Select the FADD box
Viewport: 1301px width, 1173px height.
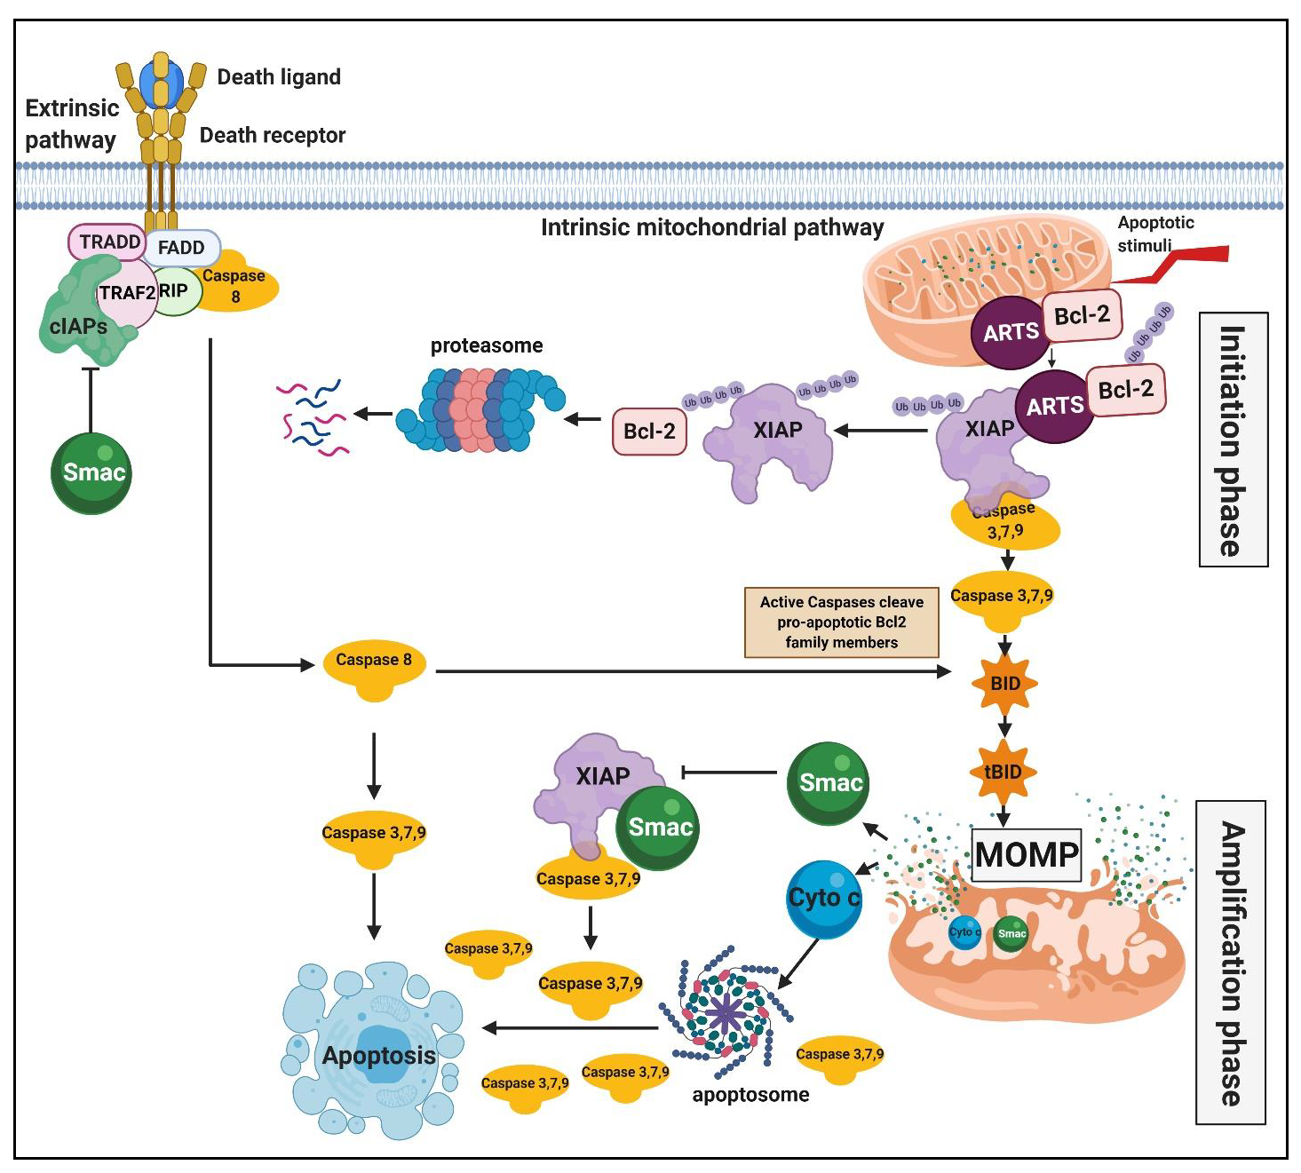[181, 247]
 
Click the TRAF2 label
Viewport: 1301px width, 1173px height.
[127, 293]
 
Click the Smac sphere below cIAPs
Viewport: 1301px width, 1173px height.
[91, 473]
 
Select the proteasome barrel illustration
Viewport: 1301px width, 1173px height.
[480, 410]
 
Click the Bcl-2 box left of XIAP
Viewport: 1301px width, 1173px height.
[649, 431]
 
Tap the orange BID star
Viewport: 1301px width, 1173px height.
[1005, 683]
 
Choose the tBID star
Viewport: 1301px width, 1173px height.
[1004, 772]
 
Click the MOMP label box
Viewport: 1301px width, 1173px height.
[1027, 854]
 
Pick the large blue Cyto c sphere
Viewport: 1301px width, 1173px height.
[823, 900]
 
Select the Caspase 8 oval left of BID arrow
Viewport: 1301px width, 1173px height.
[374, 669]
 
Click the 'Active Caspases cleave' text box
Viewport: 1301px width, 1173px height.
[841, 622]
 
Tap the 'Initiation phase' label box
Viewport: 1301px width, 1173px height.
[1233, 440]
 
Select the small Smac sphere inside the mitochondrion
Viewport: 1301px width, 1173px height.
[1011, 933]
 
